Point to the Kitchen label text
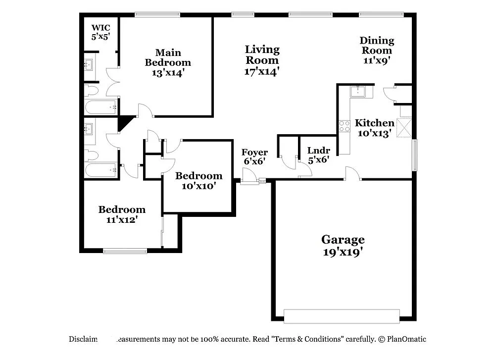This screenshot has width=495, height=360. (375, 123)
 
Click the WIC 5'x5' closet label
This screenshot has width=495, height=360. (100, 31)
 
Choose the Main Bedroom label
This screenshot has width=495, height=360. (168, 62)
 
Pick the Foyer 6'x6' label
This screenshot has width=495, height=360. (254, 156)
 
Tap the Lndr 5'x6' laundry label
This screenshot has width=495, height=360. (318, 155)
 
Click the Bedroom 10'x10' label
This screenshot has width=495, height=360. (199, 181)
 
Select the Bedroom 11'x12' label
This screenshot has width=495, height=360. (122, 214)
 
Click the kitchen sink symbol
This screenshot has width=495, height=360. (357, 91)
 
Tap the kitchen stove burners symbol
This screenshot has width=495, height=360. (345, 126)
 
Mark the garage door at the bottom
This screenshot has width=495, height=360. (342, 316)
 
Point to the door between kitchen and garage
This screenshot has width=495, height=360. (352, 174)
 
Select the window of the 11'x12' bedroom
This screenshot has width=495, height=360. (125, 251)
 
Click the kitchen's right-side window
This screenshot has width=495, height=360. (415, 155)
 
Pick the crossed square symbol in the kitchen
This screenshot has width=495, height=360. (405, 127)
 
